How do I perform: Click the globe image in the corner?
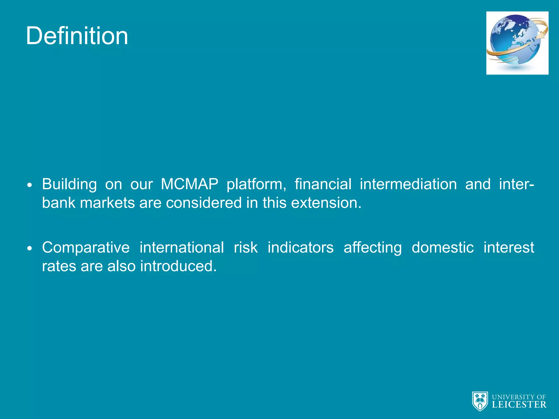pyautogui.click(x=517, y=43)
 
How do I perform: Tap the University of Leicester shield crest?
pyautogui.click(x=480, y=401)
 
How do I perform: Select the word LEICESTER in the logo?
pyautogui.click(x=519, y=405)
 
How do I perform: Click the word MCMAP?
pyautogui.click(x=189, y=184)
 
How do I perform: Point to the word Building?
pyautogui.click(x=69, y=184)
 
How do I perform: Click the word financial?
pyautogui.click(x=323, y=184)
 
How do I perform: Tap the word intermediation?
pyautogui.click(x=408, y=184)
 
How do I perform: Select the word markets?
pyautogui.click(x=107, y=203)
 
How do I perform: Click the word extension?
pyautogui.click(x=326, y=203)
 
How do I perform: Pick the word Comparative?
pyautogui.click(x=86, y=248)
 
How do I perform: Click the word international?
pyautogui.click(x=182, y=248)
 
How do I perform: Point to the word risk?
pyautogui.click(x=246, y=248)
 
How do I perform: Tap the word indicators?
pyautogui.click(x=301, y=248)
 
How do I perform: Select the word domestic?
pyautogui.click(x=442, y=248)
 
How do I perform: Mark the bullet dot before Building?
pyautogui.click(x=30, y=185)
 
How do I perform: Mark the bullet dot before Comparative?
pyautogui.click(x=30, y=249)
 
